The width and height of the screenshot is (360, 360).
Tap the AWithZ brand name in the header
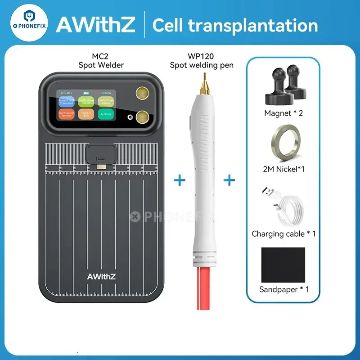click(x=95, y=25)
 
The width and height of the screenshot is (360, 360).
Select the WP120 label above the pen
click(x=202, y=57)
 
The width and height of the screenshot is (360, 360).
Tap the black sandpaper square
click(x=284, y=264)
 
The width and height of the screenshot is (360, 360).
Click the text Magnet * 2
click(x=283, y=113)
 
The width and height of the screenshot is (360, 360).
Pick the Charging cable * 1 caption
click(x=283, y=234)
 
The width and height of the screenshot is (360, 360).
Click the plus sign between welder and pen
click(x=180, y=180)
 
